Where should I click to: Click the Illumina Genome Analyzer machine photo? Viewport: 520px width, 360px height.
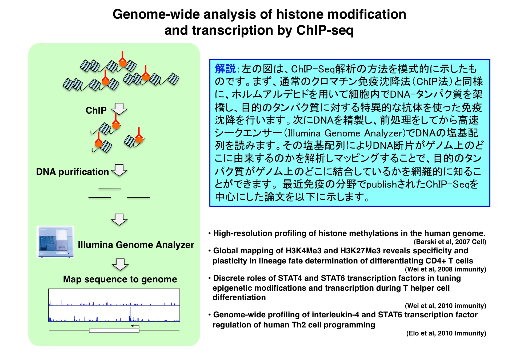click(x=55, y=242)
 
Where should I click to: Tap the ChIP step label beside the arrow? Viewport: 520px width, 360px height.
click(x=96, y=110)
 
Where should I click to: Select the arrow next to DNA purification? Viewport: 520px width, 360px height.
click(x=119, y=170)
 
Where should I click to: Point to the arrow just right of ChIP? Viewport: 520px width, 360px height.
click(x=119, y=109)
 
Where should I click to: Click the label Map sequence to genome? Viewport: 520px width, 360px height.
click(x=120, y=279)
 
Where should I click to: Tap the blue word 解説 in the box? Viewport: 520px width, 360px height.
click(x=225, y=69)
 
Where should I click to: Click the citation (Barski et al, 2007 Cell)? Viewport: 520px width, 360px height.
click(x=450, y=242)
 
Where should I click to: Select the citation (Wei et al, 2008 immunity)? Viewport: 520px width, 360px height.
click(x=446, y=269)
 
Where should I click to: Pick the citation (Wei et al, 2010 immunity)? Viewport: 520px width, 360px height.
click(x=446, y=306)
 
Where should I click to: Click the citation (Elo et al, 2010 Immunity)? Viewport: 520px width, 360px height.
click(x=446, y=333)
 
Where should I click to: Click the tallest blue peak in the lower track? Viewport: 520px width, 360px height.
click(x=130, y=314)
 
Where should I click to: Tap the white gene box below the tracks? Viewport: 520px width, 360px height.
click(x=114, y=331)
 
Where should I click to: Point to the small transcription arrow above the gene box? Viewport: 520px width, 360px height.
click(x=135, y=326)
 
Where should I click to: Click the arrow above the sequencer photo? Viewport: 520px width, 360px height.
click(x=119, y=219)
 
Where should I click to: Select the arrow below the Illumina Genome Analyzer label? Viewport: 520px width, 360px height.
click(x=120, y=265)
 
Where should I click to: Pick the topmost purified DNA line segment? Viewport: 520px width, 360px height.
click(x=110, y=189)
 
